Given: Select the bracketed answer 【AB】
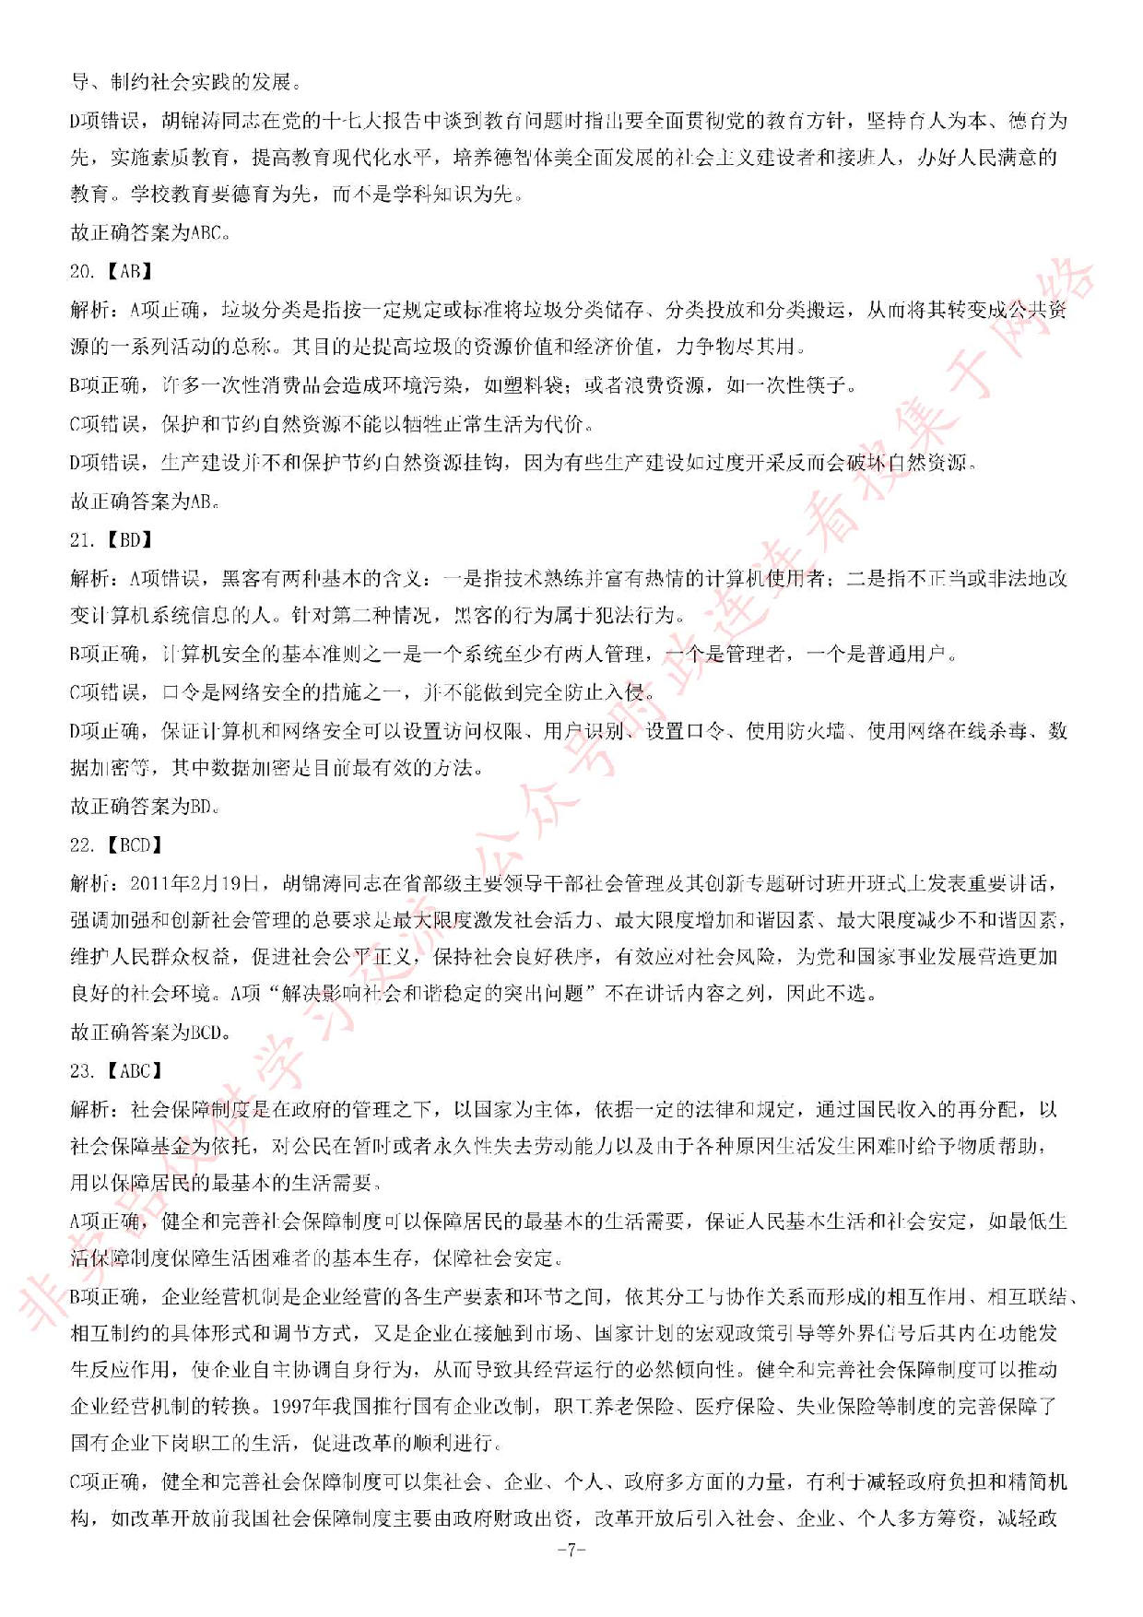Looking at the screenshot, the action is [x=129, y=271].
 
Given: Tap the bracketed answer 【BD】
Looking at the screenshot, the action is [x=129, y=540].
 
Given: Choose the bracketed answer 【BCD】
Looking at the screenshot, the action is [x=134, y=844].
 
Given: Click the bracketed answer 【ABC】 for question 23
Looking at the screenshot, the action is [x=134, y=1070].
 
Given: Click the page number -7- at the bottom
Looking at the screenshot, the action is [x=571, y=1550].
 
